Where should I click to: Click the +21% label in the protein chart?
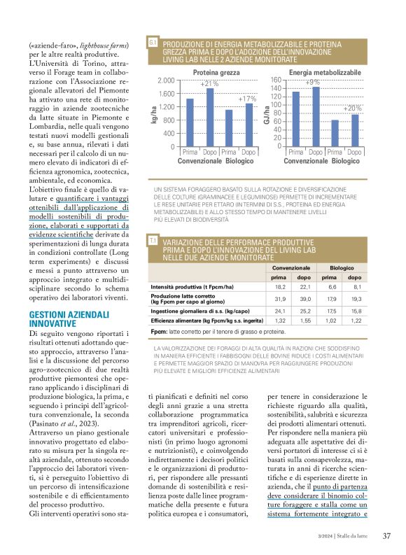click(x=209, y=84)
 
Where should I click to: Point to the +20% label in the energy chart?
click(x=353, y=108)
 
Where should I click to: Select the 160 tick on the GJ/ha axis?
click(x=276, y=80)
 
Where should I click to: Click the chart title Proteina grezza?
click(x=216, y=73)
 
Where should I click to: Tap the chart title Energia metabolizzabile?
click(x=325, y=73)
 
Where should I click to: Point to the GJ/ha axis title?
click(x=267, y=114)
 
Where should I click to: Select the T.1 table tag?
click(x=153, y=241)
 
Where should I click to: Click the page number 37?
click(x=386, y=537)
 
